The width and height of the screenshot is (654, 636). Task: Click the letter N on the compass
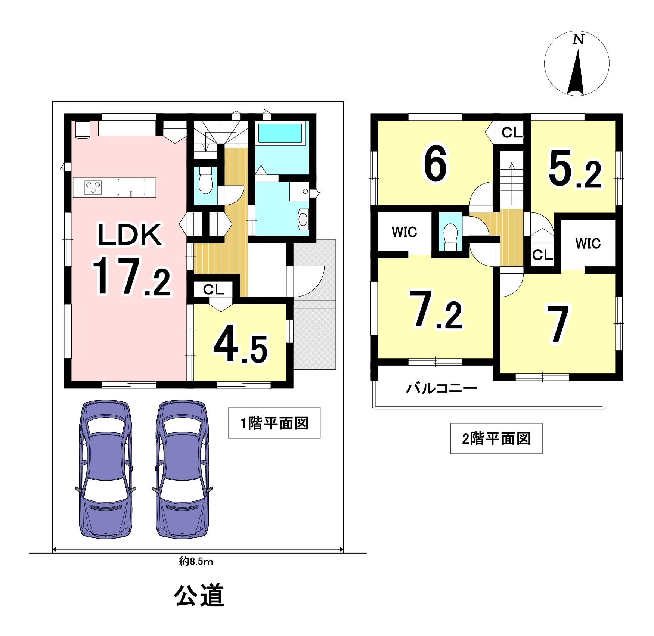578,39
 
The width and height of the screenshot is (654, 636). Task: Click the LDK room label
130,235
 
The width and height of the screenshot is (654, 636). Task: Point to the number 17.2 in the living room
131,277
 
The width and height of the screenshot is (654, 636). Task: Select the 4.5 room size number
241,344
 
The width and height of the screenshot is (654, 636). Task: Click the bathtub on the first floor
280,133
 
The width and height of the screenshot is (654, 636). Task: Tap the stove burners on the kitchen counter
93,187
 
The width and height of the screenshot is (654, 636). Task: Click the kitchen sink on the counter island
131,187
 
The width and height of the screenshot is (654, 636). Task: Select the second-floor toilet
450,237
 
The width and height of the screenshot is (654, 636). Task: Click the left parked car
106,469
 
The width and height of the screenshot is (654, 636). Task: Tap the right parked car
182,469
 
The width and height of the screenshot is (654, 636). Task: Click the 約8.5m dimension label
196,561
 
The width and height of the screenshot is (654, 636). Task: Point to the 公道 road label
199,595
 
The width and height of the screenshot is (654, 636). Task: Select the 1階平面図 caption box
275,423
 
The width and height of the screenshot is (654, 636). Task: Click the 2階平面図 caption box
496,438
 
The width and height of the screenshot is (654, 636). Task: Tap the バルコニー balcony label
441,388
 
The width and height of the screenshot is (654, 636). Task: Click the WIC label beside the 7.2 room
405,232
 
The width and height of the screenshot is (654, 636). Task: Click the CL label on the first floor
214,289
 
